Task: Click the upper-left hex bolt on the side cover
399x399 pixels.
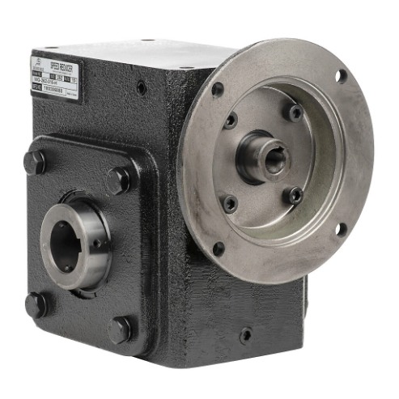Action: (x=34, y=161)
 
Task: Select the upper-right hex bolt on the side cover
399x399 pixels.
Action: (x=119, y=179)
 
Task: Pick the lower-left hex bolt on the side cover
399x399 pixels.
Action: (x=36, y=303)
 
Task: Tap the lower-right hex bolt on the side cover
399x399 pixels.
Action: (x=120, y=329)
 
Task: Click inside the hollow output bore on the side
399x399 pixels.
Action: (x=65, y=245)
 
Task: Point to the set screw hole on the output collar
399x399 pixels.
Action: (x=96, y=240)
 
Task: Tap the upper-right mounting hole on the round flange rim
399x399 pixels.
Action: (x=342, y=75)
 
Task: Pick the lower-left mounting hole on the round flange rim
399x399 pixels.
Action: (x=218, y=248)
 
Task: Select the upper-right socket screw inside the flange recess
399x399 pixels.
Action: (x=296, y=112)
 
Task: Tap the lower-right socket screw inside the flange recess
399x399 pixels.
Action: (x=295, y=195)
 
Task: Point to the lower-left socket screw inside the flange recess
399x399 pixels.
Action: (x=231, y=203)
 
